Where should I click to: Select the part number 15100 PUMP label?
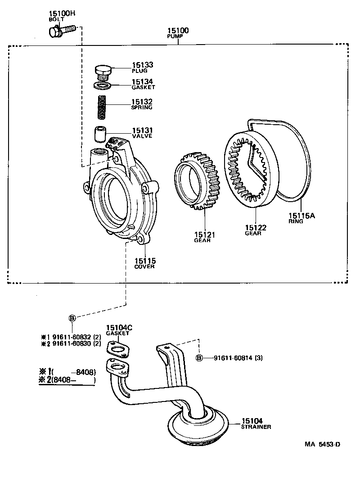[x=178, y=32]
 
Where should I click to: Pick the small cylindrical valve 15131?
[x=99, y=134]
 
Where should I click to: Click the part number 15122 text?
[x=256, y=228]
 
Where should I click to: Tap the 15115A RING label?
[x=301, y=218]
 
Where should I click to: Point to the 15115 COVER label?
[x=144, y=263]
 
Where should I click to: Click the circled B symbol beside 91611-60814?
[x=199, y=358]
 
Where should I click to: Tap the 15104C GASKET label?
[x=119, y=330]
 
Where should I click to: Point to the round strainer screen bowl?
[x=198, y=425]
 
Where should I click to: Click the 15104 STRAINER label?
[x=256, y=423]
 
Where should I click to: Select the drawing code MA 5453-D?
[x=322, y=444]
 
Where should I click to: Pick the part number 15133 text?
[x=142, y=65]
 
